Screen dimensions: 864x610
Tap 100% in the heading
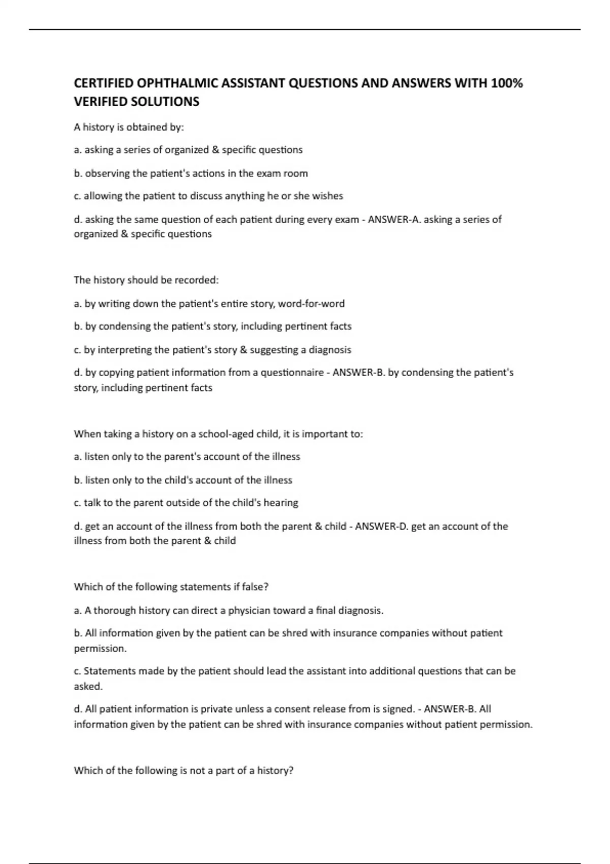(x=507, y=83)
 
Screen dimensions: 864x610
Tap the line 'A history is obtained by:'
(x=129, y=127)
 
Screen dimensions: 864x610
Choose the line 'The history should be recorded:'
(x=146, y=280)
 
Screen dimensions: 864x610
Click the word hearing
(x=281, y=503)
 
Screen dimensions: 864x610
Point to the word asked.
(x=88, y=686)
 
